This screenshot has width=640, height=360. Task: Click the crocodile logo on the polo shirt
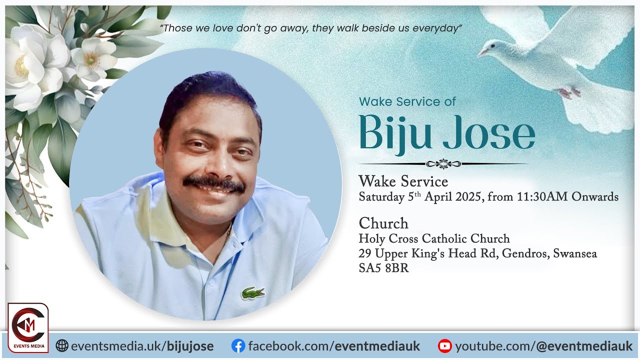(x=253, y=292)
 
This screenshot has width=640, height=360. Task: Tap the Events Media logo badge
(x=28, y=327)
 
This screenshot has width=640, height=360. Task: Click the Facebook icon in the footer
(x=238, y=345)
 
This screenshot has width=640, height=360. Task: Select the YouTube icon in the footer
(x=444, y=345)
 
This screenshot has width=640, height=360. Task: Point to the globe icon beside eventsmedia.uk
(x=62, y=345)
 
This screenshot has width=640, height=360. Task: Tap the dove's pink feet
(x=569, y=92)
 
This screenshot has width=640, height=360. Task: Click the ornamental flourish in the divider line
(x=443, y=163)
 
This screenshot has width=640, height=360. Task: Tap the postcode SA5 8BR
(x=383, y=268)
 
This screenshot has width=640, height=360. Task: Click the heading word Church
(x=383, y=223)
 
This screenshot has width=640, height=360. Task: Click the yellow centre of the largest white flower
(x=21, y=66)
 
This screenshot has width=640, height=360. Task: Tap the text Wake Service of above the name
(x=407, y=101)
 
